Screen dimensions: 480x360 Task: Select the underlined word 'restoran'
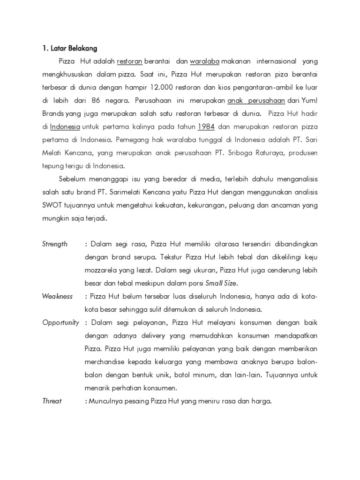tap(130, 61)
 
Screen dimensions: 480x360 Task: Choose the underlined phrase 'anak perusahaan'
tap(256, 100)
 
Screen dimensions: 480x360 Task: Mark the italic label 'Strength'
tap(55, 244)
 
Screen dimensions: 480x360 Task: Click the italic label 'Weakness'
tap(57, 296)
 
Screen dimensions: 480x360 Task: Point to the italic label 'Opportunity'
tap(60, 322)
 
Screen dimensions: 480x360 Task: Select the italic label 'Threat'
tap(52, 401)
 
